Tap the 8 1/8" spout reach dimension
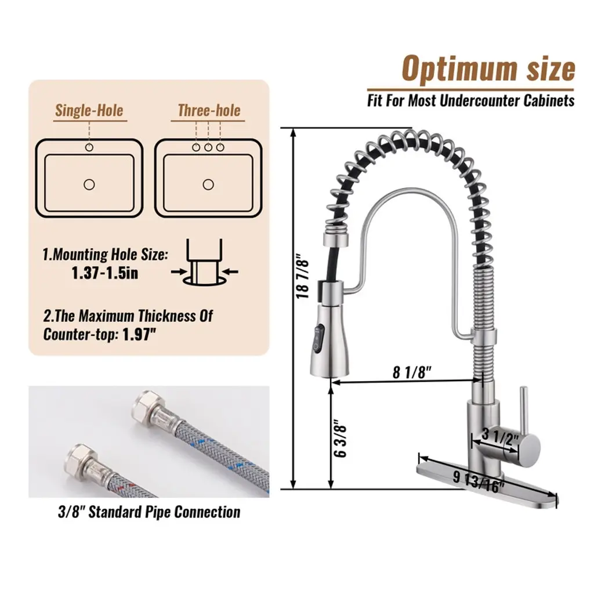click(412, 372)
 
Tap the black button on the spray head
click(317, 337)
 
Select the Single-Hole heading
click(89, 110)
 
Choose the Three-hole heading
click(209, 110)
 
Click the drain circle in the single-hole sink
click(89, 184)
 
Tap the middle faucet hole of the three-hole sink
click(208, 147)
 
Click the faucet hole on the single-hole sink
click(89, 147)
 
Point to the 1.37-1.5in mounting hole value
click(105, 273)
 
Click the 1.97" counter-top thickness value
click(139, 334)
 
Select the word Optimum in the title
click(459, 70)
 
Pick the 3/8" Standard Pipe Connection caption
click(149, 512)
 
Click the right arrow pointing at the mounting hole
click(230, 271)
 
